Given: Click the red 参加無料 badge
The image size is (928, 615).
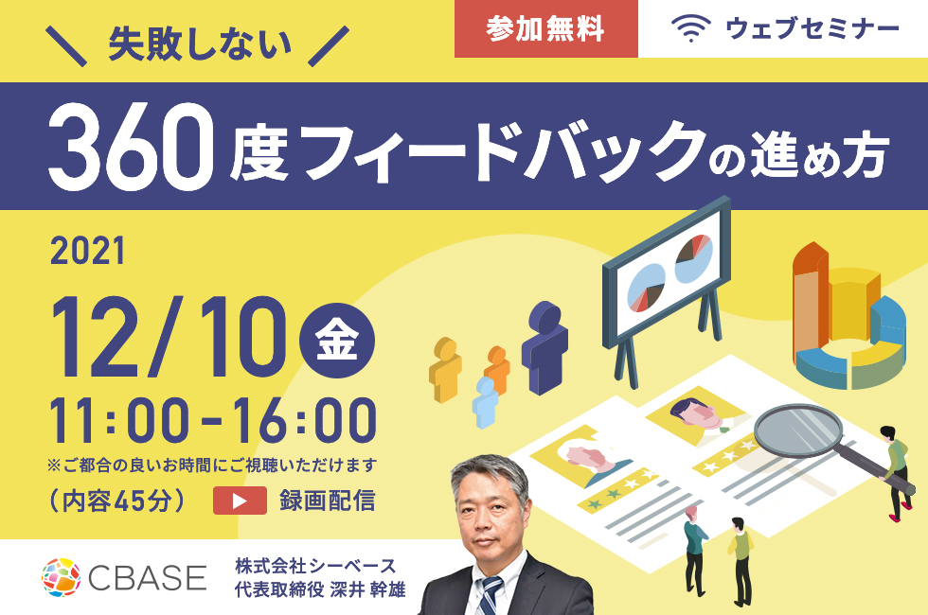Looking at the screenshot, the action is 545,28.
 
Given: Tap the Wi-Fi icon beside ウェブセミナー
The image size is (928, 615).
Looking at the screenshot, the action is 690,28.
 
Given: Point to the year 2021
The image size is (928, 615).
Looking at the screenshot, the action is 88,251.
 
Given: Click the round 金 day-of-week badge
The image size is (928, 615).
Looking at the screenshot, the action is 337,341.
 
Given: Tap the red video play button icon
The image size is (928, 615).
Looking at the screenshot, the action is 240,501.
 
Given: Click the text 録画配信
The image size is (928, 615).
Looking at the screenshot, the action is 328,501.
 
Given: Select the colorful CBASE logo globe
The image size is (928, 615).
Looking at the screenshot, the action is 61,576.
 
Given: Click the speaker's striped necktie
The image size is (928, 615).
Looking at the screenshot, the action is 491,595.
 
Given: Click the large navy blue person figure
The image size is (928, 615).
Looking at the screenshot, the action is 544,348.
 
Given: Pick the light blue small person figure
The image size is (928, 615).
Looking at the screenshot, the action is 485,403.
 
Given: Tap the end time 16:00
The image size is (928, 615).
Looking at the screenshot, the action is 304,421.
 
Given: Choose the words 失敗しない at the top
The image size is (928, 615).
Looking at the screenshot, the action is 200,45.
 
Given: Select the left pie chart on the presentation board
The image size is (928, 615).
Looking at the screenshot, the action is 646,288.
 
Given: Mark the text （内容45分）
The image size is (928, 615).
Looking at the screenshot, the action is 118,501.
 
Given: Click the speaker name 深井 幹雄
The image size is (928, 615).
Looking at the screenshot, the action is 368,589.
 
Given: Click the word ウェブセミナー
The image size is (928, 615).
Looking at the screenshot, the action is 812,28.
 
